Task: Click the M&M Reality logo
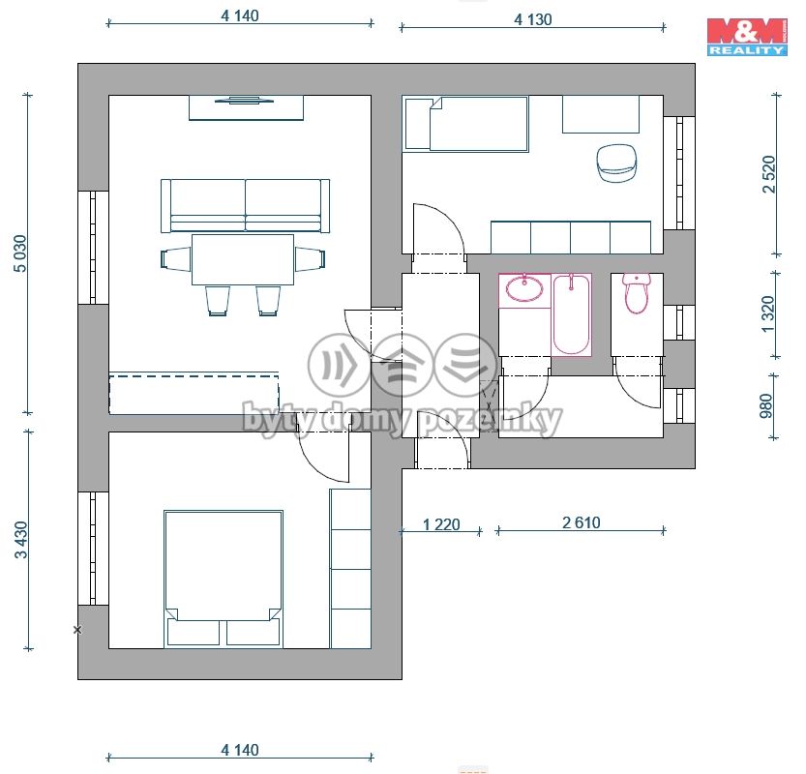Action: (x=747, y=37)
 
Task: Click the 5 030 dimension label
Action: (x=20, y=253)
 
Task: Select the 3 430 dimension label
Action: (x=21, y=540)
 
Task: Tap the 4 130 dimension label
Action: (x=533, y=19)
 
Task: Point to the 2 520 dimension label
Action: (x=768, y=174)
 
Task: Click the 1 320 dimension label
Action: (x=767, y=314)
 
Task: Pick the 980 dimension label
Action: (x=766, y=405)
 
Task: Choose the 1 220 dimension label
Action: (x=441, y=524)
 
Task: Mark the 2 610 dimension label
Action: (x=581, y=522)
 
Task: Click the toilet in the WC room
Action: (x=637, y=293)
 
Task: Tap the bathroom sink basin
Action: (x=524, y=287)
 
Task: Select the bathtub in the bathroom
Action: (x=571, y=314)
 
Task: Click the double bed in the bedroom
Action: (x=224, y=579)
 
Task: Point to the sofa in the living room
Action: (x=245, y=206)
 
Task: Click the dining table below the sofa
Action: (x=243, y=259)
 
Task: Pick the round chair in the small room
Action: (x=617, y=163)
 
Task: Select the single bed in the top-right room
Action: (x=466, y=124)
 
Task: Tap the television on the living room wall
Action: (x=244, y=100)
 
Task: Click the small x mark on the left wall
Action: (x=77, y=629)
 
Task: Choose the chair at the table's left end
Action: (x=176, y=258)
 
